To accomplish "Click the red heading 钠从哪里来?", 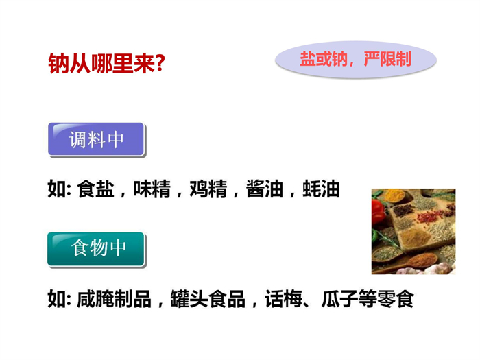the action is pyautogui.click(x=106, y=64).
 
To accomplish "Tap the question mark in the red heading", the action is pyautogui.click(x=160, y=63).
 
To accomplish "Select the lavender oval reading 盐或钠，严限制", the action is pyautogui.click(x=356, y=60).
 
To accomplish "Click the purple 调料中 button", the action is pyautogui.click(x=96, y=139).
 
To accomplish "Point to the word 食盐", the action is pyautogui.click(x=95, y=189).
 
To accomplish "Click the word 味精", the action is pyautogui.click(x=152, y=189).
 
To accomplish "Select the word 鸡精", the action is pyautogui.click(x=208, y=189).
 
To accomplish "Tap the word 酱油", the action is pyautogui.click(x=265, y=189).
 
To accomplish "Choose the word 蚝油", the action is pyautogui.click(x=321, y=189).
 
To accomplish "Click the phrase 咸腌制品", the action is pyautogui.click(x=115, y=299).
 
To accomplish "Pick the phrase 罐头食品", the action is pyautogui.click(x=208, y=299).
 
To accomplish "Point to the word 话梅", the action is pyautogui.click(x=284, y=299).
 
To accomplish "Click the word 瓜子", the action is pyautogui.click(x=340, y=299).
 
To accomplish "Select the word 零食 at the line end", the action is pyautogui.click(x=396, y=299).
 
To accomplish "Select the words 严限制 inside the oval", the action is pyautogui.click(x=387, y=59).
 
